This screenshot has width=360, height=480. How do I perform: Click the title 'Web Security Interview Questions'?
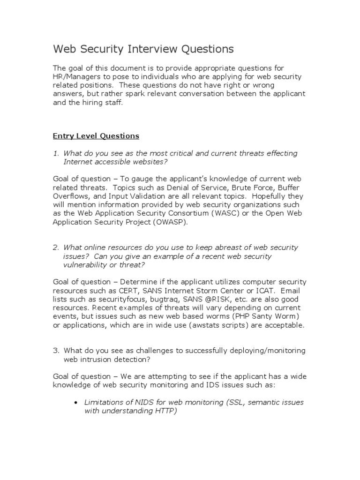[x=142, y=49]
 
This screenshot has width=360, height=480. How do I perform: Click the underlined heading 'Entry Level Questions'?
[x=96, y=136]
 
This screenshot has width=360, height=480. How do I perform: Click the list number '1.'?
[x=56, y=153]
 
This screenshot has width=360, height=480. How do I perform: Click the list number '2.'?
[x=56, y=247]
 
